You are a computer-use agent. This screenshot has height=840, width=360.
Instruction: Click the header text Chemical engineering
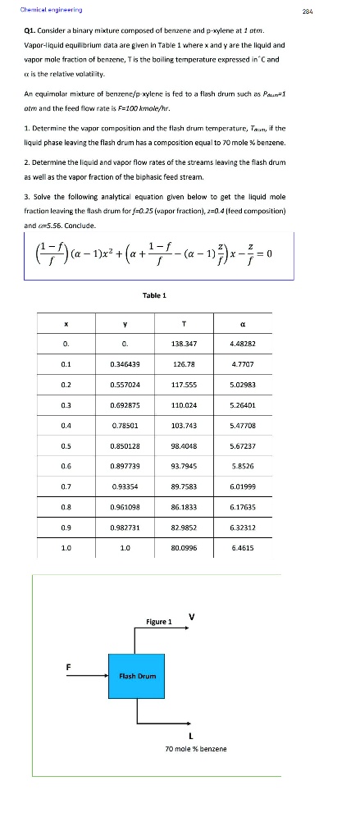46,10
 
